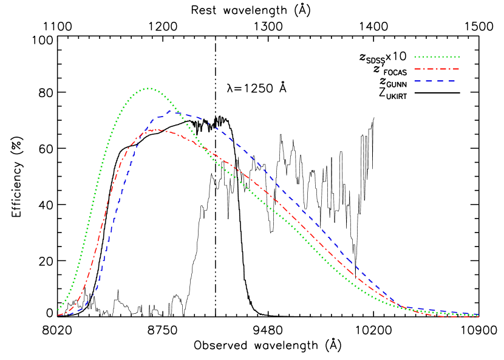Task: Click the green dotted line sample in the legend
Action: point(437,57)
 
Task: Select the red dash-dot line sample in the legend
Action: point(437,69)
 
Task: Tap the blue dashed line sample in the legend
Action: point(435,81)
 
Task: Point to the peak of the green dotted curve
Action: point(149,88)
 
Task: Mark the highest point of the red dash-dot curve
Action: point(157,129)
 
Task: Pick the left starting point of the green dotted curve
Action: point(58,310)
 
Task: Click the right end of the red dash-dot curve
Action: point(478,317)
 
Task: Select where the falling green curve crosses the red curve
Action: point(203,148)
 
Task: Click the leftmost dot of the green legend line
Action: point(415,57)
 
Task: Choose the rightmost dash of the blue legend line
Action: point(451,81)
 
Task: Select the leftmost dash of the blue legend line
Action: point(418,81)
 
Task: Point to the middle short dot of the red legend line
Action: point(437,69)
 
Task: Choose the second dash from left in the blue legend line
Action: point(429,81)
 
